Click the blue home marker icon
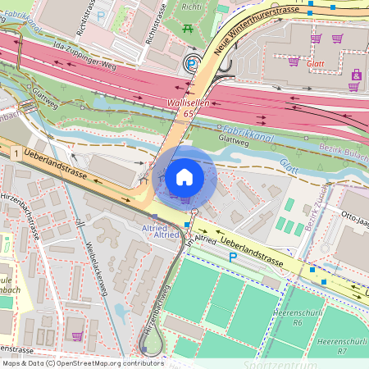(184, 176)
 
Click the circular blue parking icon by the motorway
(191, 63)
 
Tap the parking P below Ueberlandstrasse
(232, 257)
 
